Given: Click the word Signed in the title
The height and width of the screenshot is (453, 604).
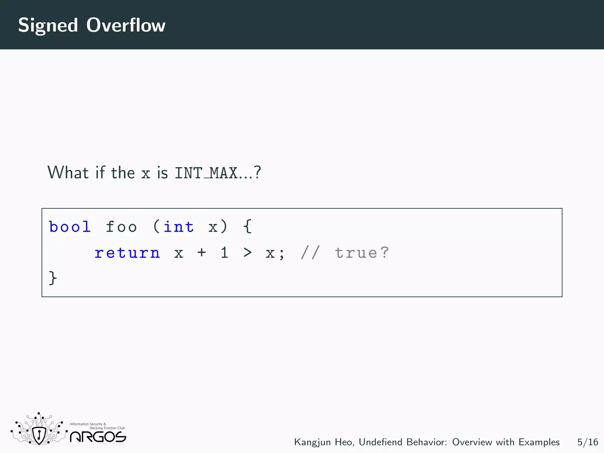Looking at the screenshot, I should click(48, 25).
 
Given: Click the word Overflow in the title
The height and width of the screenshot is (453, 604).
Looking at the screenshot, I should click(126, 25).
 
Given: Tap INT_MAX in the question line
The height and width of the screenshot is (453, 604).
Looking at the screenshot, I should click(206, 173).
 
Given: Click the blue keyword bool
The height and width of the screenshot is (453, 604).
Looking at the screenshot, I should click(70, 227).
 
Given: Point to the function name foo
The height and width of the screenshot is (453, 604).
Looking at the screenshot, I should click(121, 227).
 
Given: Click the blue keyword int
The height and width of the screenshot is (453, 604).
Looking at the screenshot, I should click(178, 227).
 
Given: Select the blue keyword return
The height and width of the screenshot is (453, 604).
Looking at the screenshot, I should click(127, 253).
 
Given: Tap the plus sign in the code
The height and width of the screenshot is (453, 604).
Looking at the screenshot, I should click(202, 252).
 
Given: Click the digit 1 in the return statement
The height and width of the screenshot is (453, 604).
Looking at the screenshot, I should click(225, 253).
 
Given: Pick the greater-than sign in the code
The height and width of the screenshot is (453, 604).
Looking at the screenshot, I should click(247, 252).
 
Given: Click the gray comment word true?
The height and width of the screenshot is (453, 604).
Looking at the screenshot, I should click(362, 253).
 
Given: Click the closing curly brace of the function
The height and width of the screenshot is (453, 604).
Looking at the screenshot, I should click(52, 278).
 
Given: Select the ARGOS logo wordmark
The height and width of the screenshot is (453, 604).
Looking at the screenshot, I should click(98, 437).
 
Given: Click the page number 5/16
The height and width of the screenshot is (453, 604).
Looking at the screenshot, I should click(587, 442).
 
